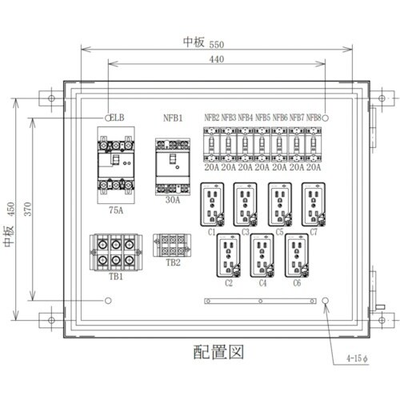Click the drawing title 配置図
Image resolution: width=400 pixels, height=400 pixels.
217,350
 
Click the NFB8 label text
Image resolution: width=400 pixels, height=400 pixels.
314,118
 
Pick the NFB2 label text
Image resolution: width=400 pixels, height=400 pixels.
213,118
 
